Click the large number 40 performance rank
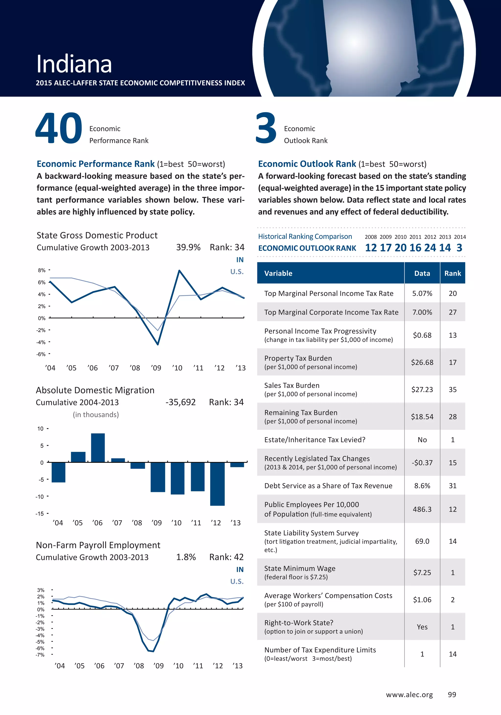[x=59, y=128]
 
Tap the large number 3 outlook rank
[x=266, y=128]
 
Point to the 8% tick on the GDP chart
[x=42, y=270]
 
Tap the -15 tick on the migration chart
[x=40, y=513]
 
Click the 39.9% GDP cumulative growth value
[x=188, y=247]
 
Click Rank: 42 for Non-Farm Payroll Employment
[x=226, y=557]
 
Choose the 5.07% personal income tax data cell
[x=422, y=293]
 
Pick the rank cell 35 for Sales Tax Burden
[x=452, y=390]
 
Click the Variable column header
[x=278, y=273]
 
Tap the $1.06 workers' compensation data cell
[x=422, y=600]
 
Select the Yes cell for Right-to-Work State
[x=422, y=627]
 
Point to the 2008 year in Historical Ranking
[x=371, y=237]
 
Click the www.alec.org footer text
[x=409, y=695]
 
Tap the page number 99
[x=452, y=695]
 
